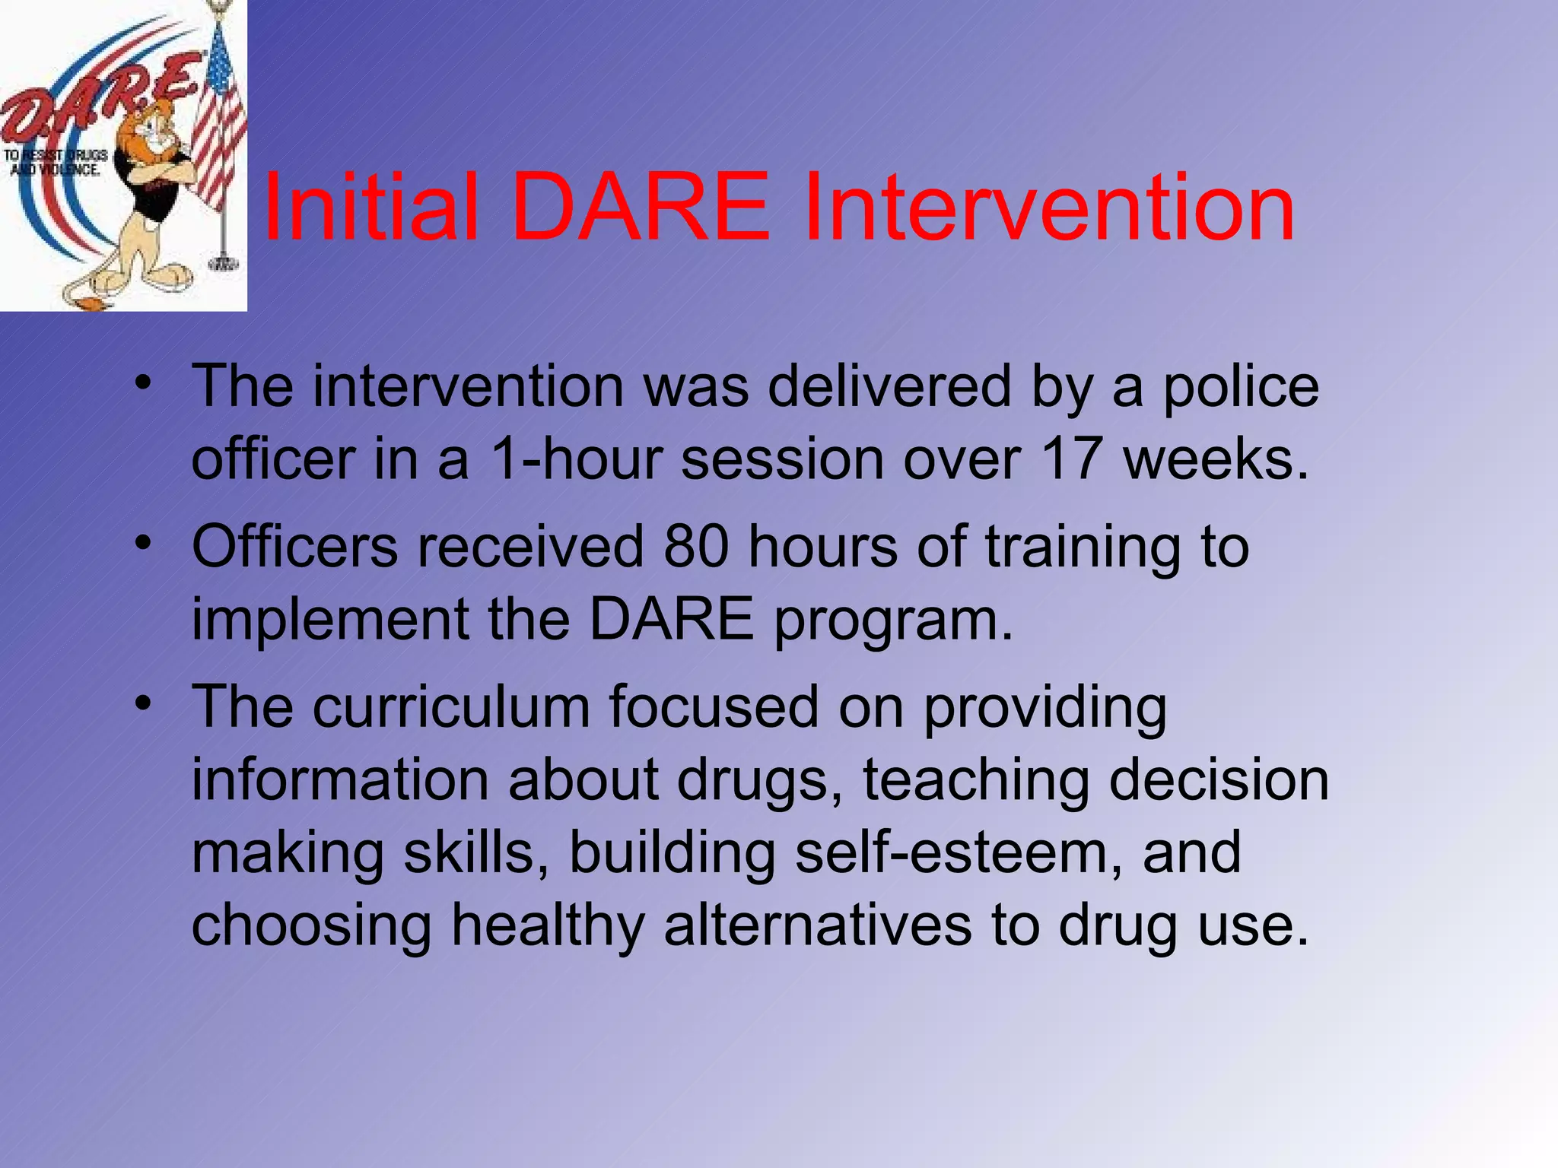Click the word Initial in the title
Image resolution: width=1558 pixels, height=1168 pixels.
371,207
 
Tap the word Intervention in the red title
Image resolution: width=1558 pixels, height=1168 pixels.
1049,207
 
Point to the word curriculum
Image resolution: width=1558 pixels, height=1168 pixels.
451,707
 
